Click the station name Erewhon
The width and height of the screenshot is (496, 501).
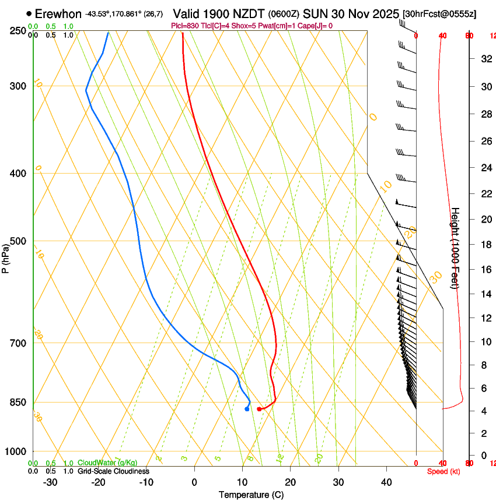[x=58, y=13]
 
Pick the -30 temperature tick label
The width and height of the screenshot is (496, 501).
[x=50, y=482]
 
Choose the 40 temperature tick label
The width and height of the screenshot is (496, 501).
[x=386, y=482]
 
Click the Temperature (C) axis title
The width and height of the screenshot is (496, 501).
[x=251, y=495]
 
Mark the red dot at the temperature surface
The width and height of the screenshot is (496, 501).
[x=259, y=409]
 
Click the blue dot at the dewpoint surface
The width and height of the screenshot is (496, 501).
[x=247, y=409]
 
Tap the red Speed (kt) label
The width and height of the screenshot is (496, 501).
[x=443, y=471]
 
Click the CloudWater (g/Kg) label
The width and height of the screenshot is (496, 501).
[x=107, y=463]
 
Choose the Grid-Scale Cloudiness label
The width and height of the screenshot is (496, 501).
[x=113, y=471]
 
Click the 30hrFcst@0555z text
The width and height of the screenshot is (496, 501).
[x=439, y=14]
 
